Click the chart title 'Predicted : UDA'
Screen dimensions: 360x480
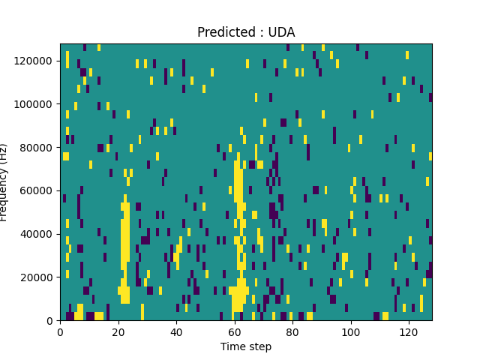click(246, 32)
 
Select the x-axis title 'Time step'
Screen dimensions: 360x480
click(246, 346)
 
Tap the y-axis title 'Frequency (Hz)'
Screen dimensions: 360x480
click(4, 182)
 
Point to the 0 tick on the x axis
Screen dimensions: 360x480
click(60, 331)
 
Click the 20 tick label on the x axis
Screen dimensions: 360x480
click(118, 331)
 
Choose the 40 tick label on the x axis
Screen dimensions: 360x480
click(176, 331)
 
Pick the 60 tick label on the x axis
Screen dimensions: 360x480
click(234, 331)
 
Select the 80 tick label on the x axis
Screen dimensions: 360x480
click(292, 331)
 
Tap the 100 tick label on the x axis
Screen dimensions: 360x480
click(350, 331)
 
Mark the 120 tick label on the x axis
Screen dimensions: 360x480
click(409, 331)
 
